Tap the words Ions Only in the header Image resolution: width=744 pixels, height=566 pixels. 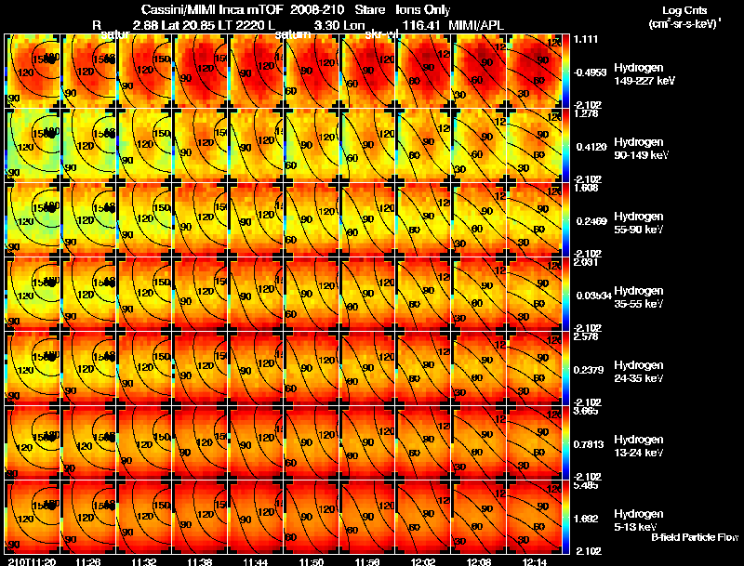429,9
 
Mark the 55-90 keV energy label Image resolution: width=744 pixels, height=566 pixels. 638,230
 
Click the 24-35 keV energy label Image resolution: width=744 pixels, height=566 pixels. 638,378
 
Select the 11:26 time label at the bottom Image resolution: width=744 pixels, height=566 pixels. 88,561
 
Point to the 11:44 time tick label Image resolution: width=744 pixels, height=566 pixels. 256,561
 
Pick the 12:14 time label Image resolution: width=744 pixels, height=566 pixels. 537,561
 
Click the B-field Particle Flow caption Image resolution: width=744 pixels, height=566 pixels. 694,537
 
